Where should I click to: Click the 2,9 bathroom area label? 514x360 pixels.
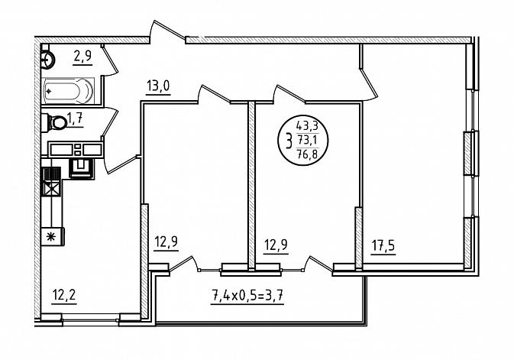tap(82, 57)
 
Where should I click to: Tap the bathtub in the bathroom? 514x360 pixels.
tap(68, 91)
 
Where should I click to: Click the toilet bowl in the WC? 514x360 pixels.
tap(57, 123)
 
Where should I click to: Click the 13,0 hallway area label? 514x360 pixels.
tap(158, 86)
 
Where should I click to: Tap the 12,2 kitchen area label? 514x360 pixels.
tap(64, 295)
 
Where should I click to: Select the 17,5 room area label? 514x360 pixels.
tap(383, 246)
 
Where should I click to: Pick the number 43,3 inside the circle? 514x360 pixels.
tap(307, 125)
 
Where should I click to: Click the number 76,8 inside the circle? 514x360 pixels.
tap(307, 154)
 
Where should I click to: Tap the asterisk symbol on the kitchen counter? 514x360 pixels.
tap(50, 236)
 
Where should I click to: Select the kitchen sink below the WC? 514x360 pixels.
tap(81, 168)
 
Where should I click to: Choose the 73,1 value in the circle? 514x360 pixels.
tap(307, 140)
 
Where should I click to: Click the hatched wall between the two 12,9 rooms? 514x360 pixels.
tap(251, 186)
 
